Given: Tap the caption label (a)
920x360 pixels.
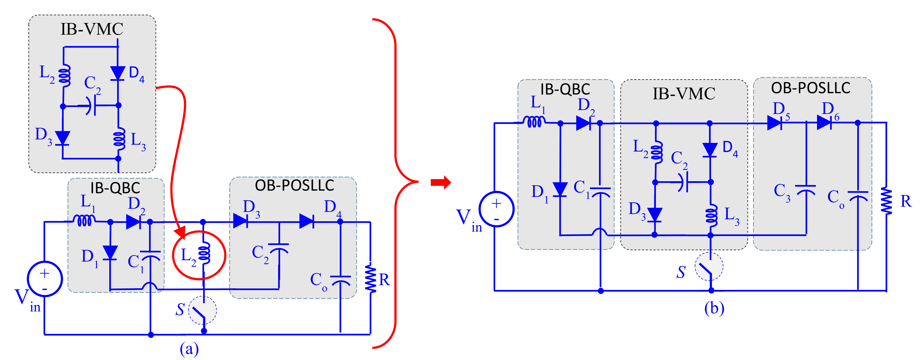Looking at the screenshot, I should coord(189,348).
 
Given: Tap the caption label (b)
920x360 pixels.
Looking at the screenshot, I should coord(714,308).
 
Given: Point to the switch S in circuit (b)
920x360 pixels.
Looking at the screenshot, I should coord(709,267).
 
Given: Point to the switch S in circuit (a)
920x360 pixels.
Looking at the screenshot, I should coord(202,310).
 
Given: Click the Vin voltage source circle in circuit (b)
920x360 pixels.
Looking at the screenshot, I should coord(496,209).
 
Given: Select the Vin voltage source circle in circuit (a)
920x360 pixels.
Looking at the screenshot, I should coord(45,279).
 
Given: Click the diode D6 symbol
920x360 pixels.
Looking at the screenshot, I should coord(824,123).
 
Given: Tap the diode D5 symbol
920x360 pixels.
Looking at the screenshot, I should coord(775,123).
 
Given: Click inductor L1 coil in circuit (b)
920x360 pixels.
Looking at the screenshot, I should coord(534,122).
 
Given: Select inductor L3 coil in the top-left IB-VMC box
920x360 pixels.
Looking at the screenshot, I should coord(119,139).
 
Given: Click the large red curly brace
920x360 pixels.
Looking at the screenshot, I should coord(396,182).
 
